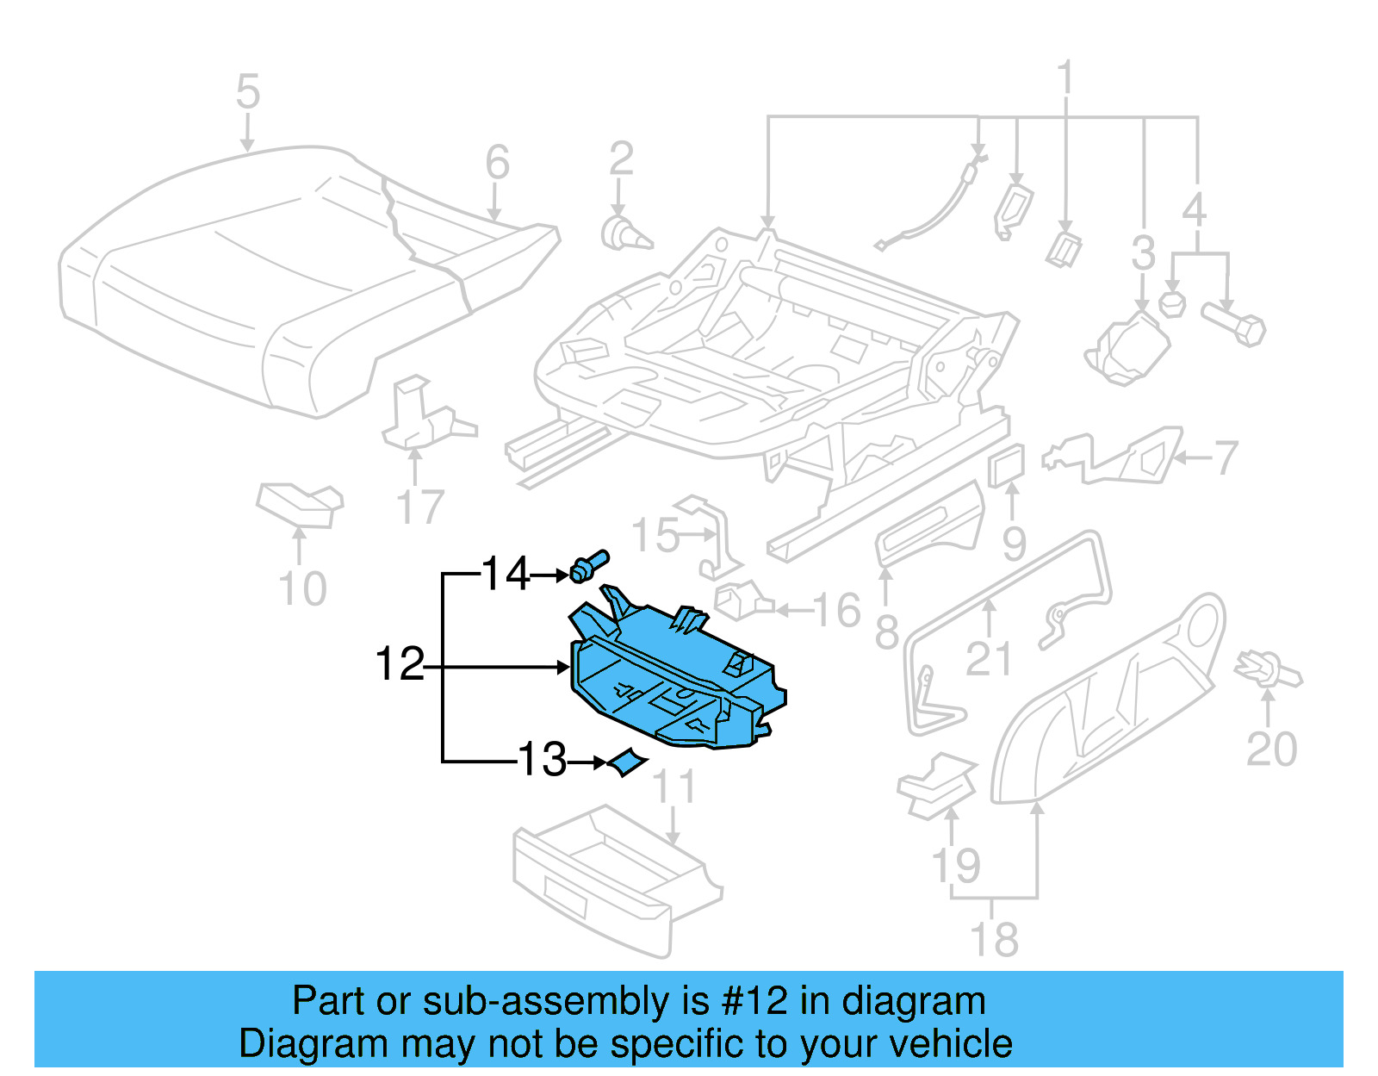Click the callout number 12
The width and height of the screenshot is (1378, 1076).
[x=400, y=665]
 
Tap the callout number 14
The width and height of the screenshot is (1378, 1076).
[x=506, y=575]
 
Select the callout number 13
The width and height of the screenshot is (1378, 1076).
[x=542, y=761]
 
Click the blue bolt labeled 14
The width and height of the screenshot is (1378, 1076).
[x=588, y=567]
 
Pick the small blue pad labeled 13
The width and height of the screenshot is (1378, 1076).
[x=626, y=762]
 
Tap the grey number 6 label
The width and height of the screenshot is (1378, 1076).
[x=497, y=162]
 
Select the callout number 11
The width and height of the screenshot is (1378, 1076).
[x=673, y=787]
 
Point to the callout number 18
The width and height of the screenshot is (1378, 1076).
[x=993, y=939]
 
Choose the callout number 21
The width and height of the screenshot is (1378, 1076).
[x=988, y=659]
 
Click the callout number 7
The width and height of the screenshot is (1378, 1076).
[x=1226, y=458]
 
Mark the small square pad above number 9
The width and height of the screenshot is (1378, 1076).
[x=1007, y=466]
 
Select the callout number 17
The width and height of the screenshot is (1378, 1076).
[x=419, y=507]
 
